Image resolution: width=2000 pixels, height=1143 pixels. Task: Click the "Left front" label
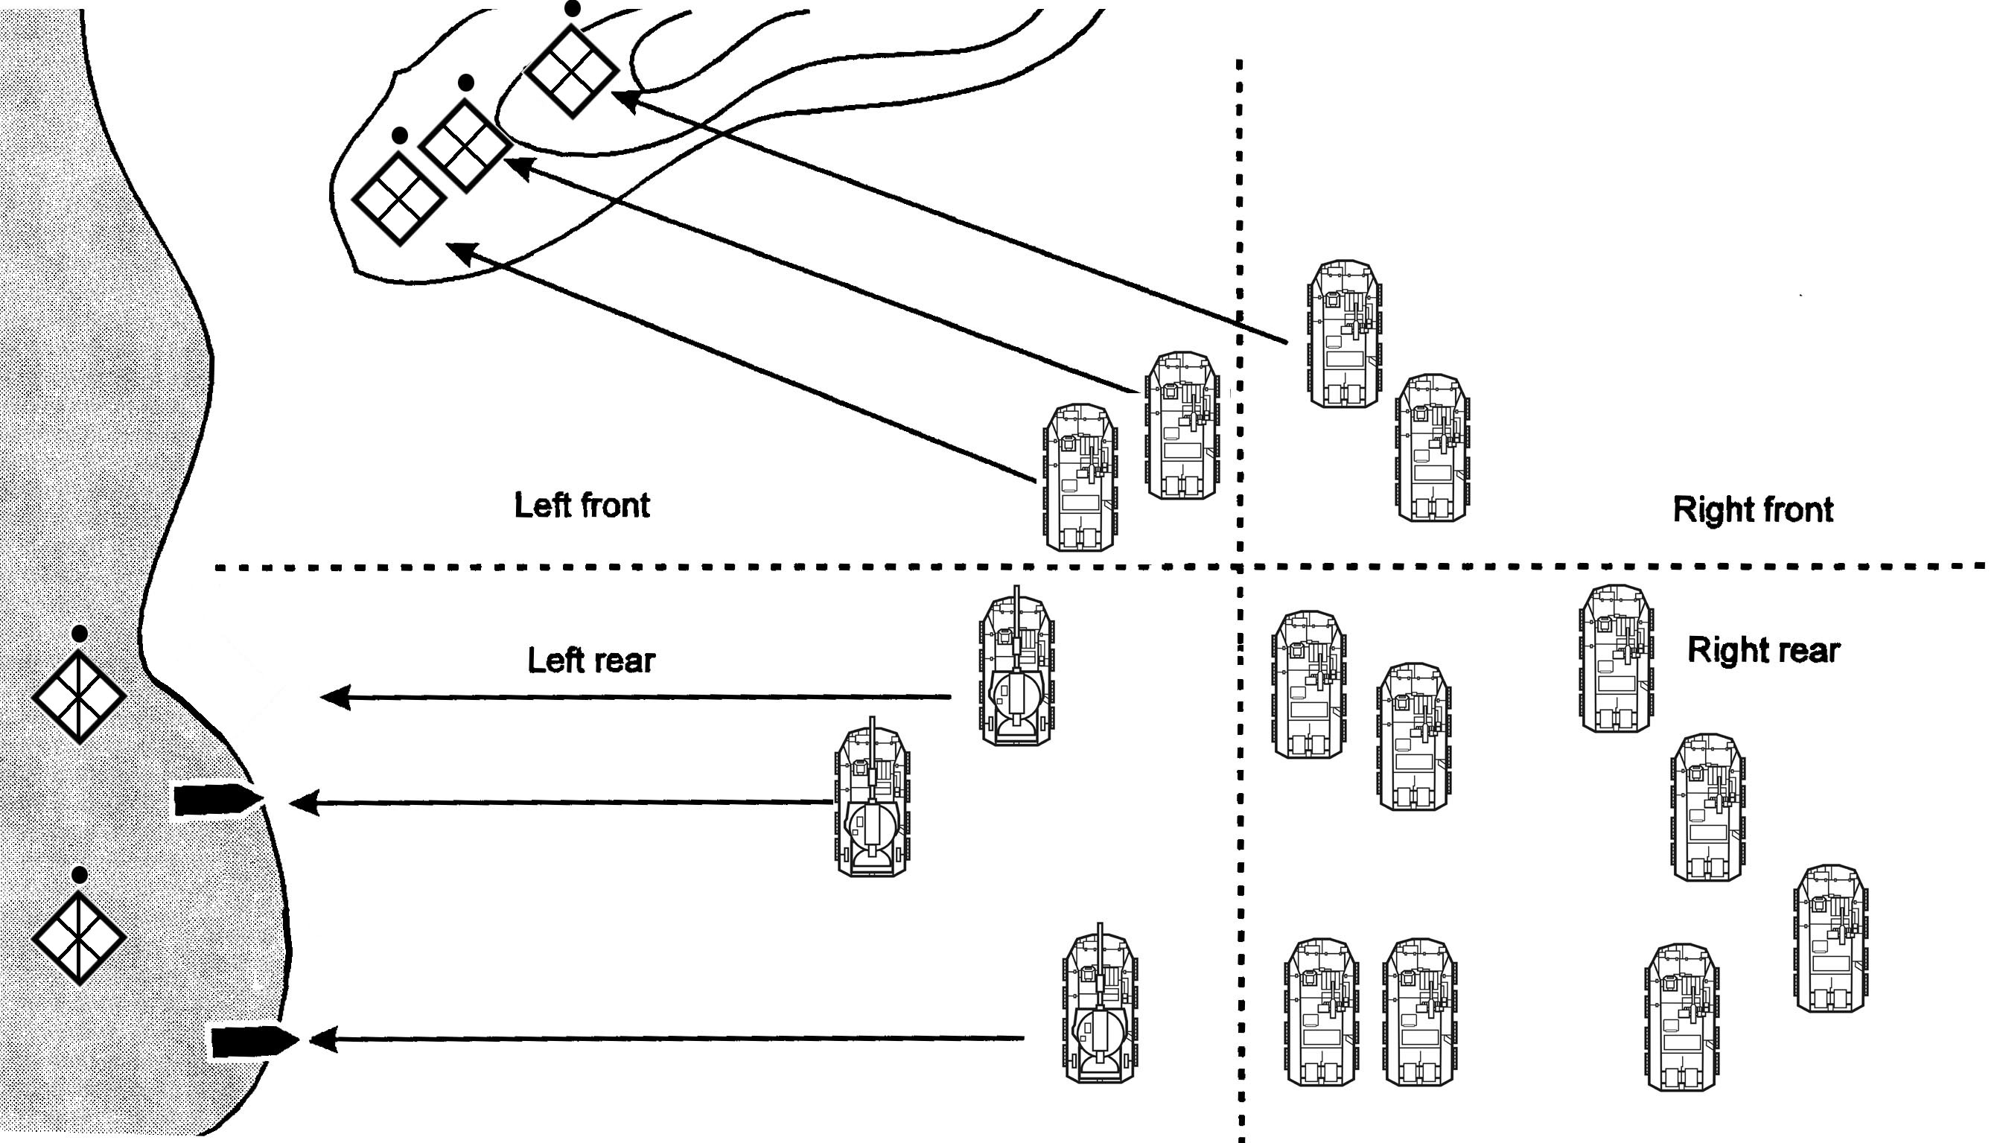coord(582,506)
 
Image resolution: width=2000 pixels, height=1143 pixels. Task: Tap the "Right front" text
coord(1753,509)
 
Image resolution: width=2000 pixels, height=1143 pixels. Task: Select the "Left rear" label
coord(590,661)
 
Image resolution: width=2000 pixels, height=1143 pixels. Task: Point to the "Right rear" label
coord(1763,650)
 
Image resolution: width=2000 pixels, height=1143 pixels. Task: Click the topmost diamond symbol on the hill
coord(570,71)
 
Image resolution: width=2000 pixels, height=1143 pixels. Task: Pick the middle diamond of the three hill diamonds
coord(465,145)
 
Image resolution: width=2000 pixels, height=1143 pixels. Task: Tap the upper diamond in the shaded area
coord(79,696)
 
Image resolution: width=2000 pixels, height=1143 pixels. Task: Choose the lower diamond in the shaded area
coord(79,937)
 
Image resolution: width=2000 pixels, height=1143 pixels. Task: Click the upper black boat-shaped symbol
coord(217,800)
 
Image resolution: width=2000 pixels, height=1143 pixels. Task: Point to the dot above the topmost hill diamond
coord(573,9)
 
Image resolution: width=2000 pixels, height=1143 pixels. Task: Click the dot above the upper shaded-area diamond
coord(79,633)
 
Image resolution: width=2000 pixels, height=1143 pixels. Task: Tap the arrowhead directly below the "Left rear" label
coord(336,696)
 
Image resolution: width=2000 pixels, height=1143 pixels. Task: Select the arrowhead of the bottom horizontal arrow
coord(323,1039)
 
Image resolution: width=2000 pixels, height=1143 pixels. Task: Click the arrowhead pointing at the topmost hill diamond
coord(625,101)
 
